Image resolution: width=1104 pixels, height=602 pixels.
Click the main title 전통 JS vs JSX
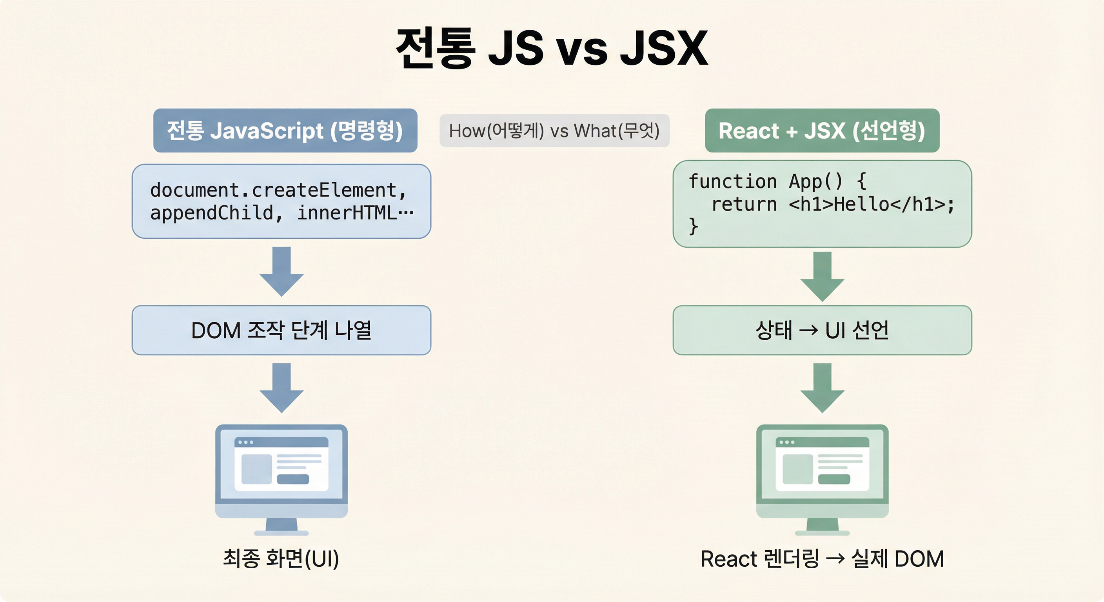coord(552,48)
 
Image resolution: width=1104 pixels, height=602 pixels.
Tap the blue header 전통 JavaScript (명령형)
coord(285,131)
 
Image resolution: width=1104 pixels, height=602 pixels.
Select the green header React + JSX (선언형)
coord(822,131)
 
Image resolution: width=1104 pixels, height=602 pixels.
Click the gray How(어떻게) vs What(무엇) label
coord(554,131)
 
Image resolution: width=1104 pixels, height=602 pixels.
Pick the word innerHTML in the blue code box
coord(347,213)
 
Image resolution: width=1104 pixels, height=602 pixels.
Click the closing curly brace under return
coord(693,226)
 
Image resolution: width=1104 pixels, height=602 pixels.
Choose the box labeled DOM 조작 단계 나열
coord(281,330)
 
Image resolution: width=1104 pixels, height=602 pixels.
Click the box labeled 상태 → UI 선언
coord(822,330)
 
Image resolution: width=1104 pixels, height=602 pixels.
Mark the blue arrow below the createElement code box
coord(281,271)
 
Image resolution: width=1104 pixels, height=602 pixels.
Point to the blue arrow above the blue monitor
coord(281,387)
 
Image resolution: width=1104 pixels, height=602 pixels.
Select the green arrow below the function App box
coord(822,276)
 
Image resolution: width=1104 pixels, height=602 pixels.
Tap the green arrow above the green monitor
coord(822,387)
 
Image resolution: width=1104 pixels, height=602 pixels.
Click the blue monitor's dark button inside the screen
coord(293,479)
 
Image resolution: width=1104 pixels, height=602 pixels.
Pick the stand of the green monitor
coord(822,526)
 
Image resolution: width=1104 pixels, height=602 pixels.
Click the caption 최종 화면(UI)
coord(281,559)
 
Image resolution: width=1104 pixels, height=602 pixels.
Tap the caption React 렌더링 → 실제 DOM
coord(822,559)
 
